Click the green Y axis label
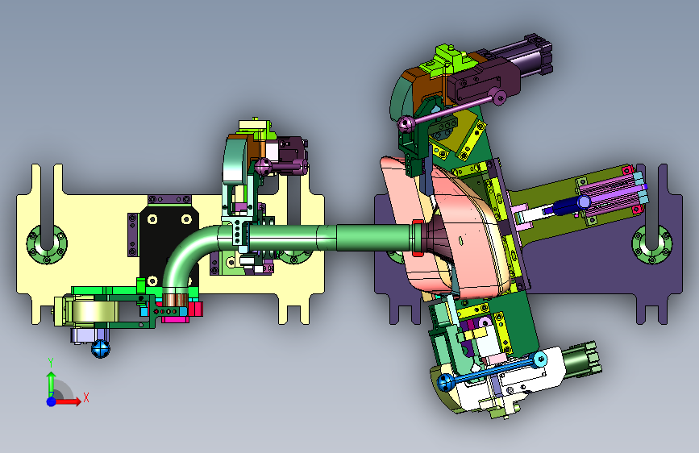tap(51, 362)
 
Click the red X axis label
tap(86, 397)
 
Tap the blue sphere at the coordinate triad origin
tap(52, 401)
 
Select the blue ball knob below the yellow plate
tap(100, 349)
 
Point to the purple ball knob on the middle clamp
tap(263, 167)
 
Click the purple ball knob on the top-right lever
tap(406, 123)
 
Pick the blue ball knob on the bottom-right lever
tap(446, 383)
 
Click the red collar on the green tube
tap(418, 238)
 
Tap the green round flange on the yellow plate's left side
tap(47, 244)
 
